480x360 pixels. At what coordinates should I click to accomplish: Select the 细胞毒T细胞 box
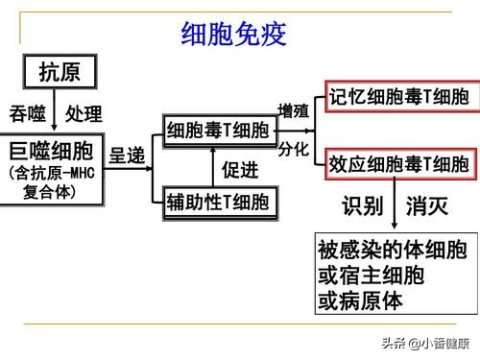tap(219, 131)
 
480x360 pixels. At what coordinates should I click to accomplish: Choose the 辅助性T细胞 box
tap(218, 202)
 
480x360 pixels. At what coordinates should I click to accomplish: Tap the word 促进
tap(242, 171)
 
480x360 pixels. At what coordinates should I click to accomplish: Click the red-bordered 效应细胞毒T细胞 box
tap(398, 162)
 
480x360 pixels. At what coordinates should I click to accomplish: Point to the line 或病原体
tap(360, 300)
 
